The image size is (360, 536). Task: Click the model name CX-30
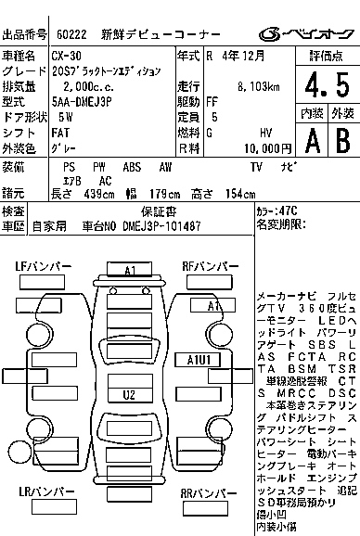tap(66, 56)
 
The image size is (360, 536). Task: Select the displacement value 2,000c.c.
tap(83, 84)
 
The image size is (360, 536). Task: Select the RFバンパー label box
tap(212, 267)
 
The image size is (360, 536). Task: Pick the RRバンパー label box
tap(212, 519)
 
